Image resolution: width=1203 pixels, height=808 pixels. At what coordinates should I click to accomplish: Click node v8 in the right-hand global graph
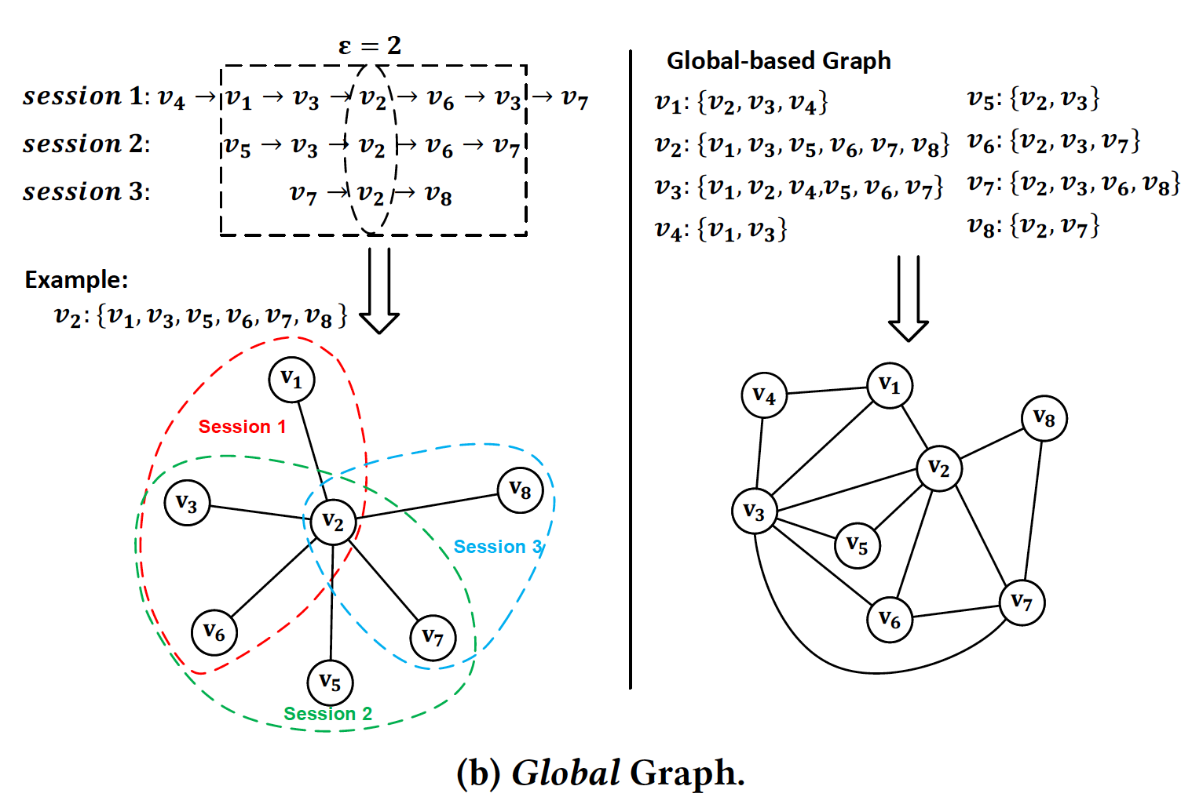(1044, 419)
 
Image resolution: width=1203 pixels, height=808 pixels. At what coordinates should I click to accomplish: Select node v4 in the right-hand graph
(763, 395)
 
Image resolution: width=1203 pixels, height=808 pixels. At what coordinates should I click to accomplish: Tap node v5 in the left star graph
(330, 682)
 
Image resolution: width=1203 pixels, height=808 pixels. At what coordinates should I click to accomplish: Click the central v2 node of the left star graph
(333, 522)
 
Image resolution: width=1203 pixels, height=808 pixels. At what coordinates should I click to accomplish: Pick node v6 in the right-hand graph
(889, 620)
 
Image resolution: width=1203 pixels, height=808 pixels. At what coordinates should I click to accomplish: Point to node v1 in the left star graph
(291, 380)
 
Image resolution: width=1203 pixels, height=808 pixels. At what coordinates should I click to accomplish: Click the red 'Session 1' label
(242, 427)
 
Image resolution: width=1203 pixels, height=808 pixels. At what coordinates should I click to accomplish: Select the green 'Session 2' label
(327, 714)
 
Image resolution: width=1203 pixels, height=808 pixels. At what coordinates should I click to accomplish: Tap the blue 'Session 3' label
(498, 547)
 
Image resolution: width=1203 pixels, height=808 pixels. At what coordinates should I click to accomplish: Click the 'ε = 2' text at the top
(369, 45)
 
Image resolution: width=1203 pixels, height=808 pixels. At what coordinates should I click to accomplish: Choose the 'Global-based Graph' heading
(778, 61)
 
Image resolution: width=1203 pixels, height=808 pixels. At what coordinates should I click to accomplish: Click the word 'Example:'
(76, 280)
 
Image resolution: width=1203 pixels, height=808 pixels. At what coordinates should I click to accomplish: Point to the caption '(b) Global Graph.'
(601, 773)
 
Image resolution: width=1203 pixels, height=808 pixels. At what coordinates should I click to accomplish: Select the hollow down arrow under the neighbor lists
(908, 298)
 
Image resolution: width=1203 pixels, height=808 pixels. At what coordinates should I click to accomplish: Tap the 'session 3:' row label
(86, 192)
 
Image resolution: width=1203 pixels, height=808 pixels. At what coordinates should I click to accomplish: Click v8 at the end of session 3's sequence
(438, 195)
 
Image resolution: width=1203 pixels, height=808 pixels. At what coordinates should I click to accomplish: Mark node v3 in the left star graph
(187, 502)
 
